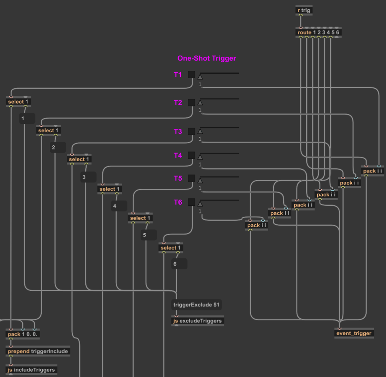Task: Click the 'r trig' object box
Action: pos(304,10)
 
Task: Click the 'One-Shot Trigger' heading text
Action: pos(206,58)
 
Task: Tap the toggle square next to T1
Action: pos(191,75)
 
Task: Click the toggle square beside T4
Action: pos(191,155)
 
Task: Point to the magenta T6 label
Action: pos(178,202)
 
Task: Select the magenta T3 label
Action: pos(178,132)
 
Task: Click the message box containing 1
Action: pos(27,119)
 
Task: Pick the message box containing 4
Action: pos(119,206)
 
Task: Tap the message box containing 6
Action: pos(179,264)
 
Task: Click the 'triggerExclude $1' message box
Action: pos(197,305)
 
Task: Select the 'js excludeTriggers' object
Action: pos(197,321)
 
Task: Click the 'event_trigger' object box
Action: pos(354,333)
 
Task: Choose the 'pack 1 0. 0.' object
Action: pos(23,334)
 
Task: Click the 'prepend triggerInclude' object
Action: pos(38,351)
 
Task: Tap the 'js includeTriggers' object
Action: pos(31,369)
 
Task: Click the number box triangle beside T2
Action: pos(200,102)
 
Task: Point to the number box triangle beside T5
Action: pos(200,180)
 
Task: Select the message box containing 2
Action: pos(58,147)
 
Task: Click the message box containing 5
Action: pos(148,235)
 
